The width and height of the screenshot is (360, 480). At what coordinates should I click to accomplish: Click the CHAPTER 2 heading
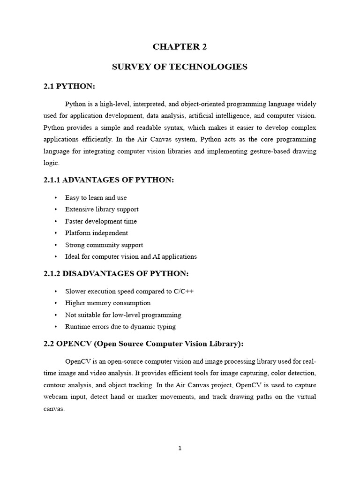(180, 46)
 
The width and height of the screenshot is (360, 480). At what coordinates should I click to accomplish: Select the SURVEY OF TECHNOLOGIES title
(180, 67)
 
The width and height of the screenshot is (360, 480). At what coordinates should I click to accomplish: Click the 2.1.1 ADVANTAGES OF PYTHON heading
(108, 180)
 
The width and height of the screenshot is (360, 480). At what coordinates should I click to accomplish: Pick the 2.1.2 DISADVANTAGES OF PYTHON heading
(116, 273)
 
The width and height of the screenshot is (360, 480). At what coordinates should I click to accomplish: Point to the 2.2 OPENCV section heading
(143, 344)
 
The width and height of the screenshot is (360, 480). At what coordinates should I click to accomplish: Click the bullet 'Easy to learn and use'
(96, 198)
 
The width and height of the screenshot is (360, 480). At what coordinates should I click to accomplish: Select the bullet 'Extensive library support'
(102, 210)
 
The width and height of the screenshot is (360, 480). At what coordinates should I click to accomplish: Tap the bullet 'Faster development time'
(101, 221)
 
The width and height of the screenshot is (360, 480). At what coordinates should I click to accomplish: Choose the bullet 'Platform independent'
(96, 233)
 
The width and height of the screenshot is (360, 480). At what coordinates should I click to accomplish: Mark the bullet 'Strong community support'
(104, 245)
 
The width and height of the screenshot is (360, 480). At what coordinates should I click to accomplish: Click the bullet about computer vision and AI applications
(131, 256)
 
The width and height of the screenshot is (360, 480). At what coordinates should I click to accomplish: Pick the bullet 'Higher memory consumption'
(108, 303)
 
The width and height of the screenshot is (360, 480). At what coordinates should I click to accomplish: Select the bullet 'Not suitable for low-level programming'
(123, 315)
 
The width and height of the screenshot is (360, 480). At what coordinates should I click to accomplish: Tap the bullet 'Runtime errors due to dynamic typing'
(120, 327)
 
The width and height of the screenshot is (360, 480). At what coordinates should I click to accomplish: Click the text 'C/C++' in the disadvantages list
(183, 292)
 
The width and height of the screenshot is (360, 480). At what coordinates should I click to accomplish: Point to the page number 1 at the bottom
(180, 449)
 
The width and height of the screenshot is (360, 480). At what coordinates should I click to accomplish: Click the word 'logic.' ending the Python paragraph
(52, 163)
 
